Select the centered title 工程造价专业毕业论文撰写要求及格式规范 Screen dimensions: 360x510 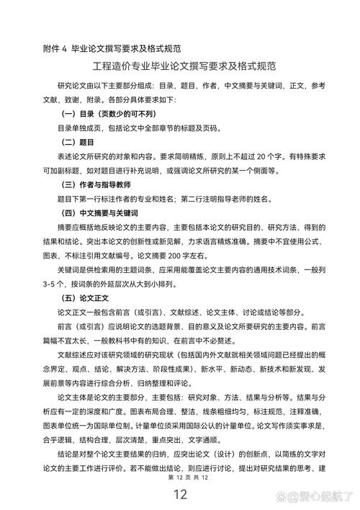pyautogui.click(x=180, y=66)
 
